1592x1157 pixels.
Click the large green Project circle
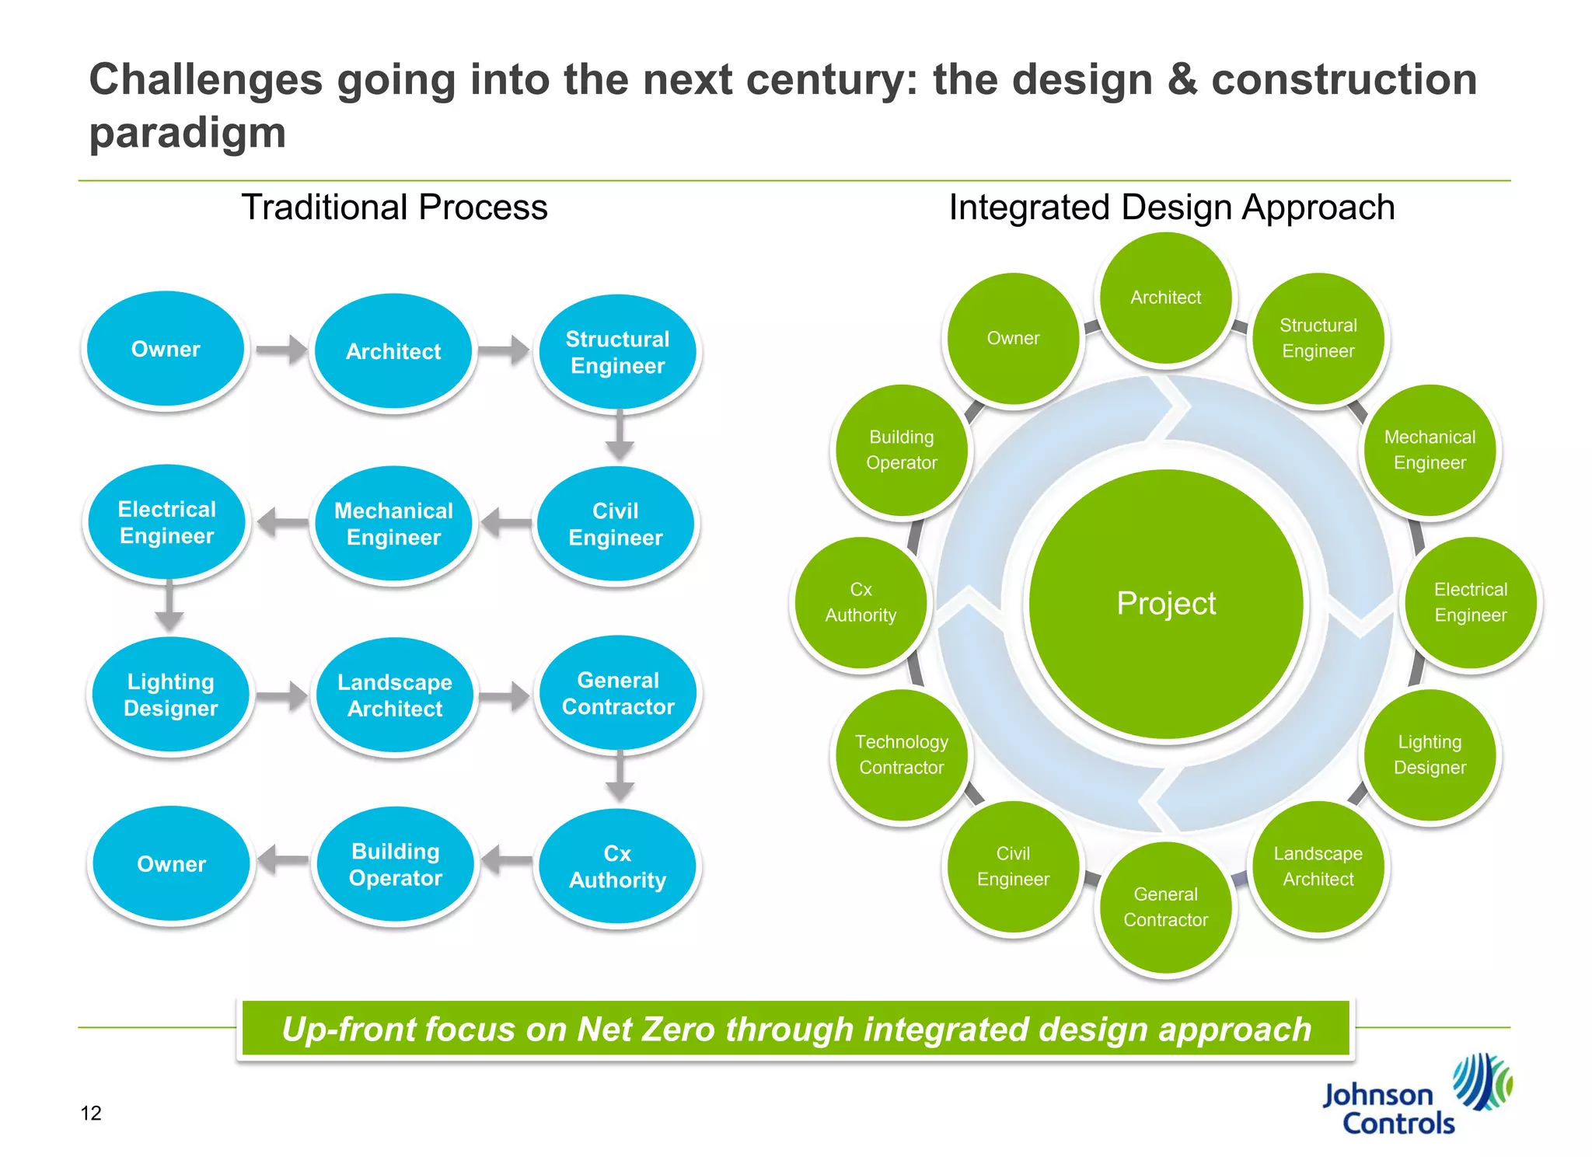[x=1165, y=604]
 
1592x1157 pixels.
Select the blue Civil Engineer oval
[x=616, y=524]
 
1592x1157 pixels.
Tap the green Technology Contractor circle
[x=902, y=754]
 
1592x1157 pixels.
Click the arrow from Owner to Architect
[x=281, y=350]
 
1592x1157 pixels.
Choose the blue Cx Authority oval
[x=617, y=866]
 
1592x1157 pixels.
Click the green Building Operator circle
[x=902, y=450]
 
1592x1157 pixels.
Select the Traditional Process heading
[x=394, y=207]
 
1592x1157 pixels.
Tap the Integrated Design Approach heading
[x=1171, y=207]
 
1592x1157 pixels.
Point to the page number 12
[x=91, y=1113]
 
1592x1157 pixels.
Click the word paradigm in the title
[x=187, y=133]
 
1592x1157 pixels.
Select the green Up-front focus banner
[x=795, y=1029]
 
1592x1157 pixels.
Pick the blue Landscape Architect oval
[x=395, y=695]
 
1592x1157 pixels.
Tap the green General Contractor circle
[x=1165, y=907]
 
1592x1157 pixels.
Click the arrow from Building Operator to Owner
[x=283, y=860]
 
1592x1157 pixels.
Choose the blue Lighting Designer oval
[x=171, y=695]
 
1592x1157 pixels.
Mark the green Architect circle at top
[x=1165, y=298]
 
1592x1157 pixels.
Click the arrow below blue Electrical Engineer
[x=169, y=605]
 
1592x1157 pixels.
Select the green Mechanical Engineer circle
[x=1430, y=450]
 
